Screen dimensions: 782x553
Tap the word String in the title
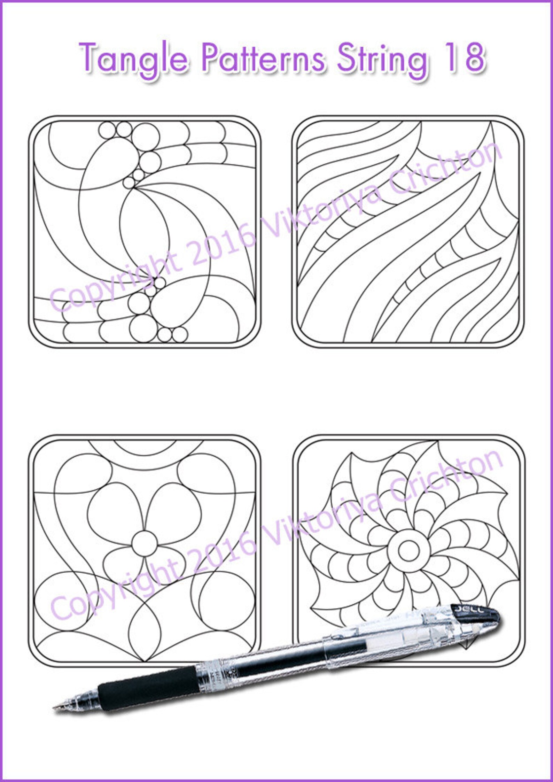coord(382,57)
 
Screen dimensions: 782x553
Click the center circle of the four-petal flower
coord(145,544)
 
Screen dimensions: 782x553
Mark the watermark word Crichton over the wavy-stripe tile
coord(446,171)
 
